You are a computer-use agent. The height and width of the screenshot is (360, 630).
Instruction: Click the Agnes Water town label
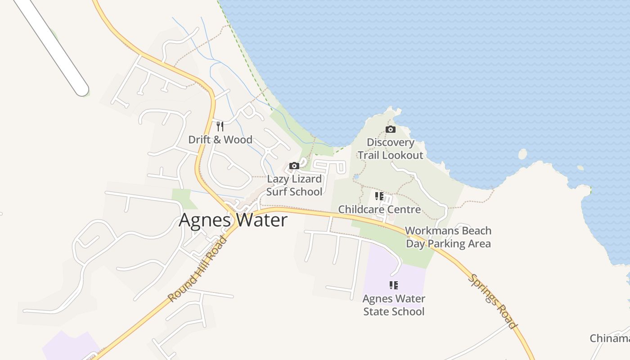tap(233, 220)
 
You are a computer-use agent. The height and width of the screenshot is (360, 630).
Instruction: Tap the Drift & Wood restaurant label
tap(220, 139)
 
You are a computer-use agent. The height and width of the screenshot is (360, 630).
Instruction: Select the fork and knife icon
tap(220, 126)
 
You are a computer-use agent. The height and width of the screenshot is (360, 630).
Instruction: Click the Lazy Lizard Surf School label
tap(294, 185)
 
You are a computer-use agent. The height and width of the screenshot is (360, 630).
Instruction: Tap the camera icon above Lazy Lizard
tap(294, 166)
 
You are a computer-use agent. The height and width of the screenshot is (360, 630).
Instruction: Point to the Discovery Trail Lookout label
tap(390, 149)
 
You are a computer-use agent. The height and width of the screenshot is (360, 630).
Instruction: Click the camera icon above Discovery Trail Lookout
tap(391, 130)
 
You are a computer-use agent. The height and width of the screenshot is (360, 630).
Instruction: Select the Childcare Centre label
tap(379, 209)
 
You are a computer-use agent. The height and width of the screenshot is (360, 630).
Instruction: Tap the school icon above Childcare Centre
tap(379, 196)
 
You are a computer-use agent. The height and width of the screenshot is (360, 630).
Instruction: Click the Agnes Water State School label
tap(394, 305)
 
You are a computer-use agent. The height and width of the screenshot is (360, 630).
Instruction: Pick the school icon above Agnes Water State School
tap(394, 285)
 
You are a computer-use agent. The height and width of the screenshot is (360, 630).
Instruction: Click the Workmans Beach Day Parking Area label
tap(448, 237)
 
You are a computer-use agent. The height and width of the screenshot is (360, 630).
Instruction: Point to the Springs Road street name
tap(493, 301)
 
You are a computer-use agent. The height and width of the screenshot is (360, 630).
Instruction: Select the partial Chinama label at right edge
tap(610, 338)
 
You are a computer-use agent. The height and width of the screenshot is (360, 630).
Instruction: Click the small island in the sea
tap(522, 154)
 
